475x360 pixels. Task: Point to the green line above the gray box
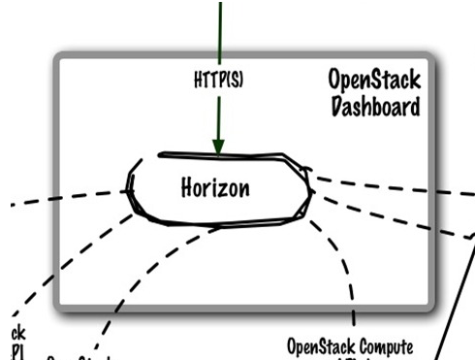pos(220,24)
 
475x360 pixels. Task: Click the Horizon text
pos(215,187)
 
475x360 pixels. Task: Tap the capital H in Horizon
pos(187,187)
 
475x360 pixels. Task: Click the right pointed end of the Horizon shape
pos(311,190)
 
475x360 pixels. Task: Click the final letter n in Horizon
pos(245,188)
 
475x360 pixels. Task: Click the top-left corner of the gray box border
pos(60,58)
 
